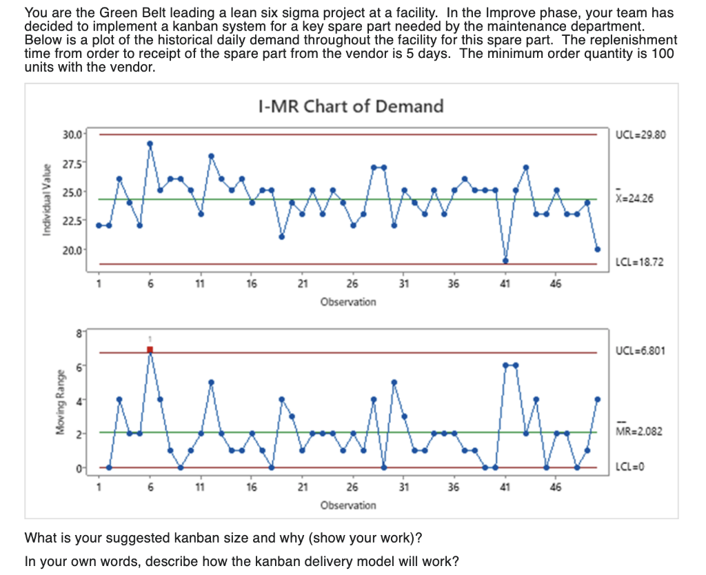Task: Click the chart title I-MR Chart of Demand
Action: [350, 106]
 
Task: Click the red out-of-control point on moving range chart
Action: [150, 350]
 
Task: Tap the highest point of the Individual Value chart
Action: [150, 143]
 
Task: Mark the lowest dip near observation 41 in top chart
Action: [505, 261]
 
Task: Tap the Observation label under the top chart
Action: [348, 301]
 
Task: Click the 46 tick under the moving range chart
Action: [556, 487]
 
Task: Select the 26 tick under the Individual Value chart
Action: [353, 283]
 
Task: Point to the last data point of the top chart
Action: [598, 249]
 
